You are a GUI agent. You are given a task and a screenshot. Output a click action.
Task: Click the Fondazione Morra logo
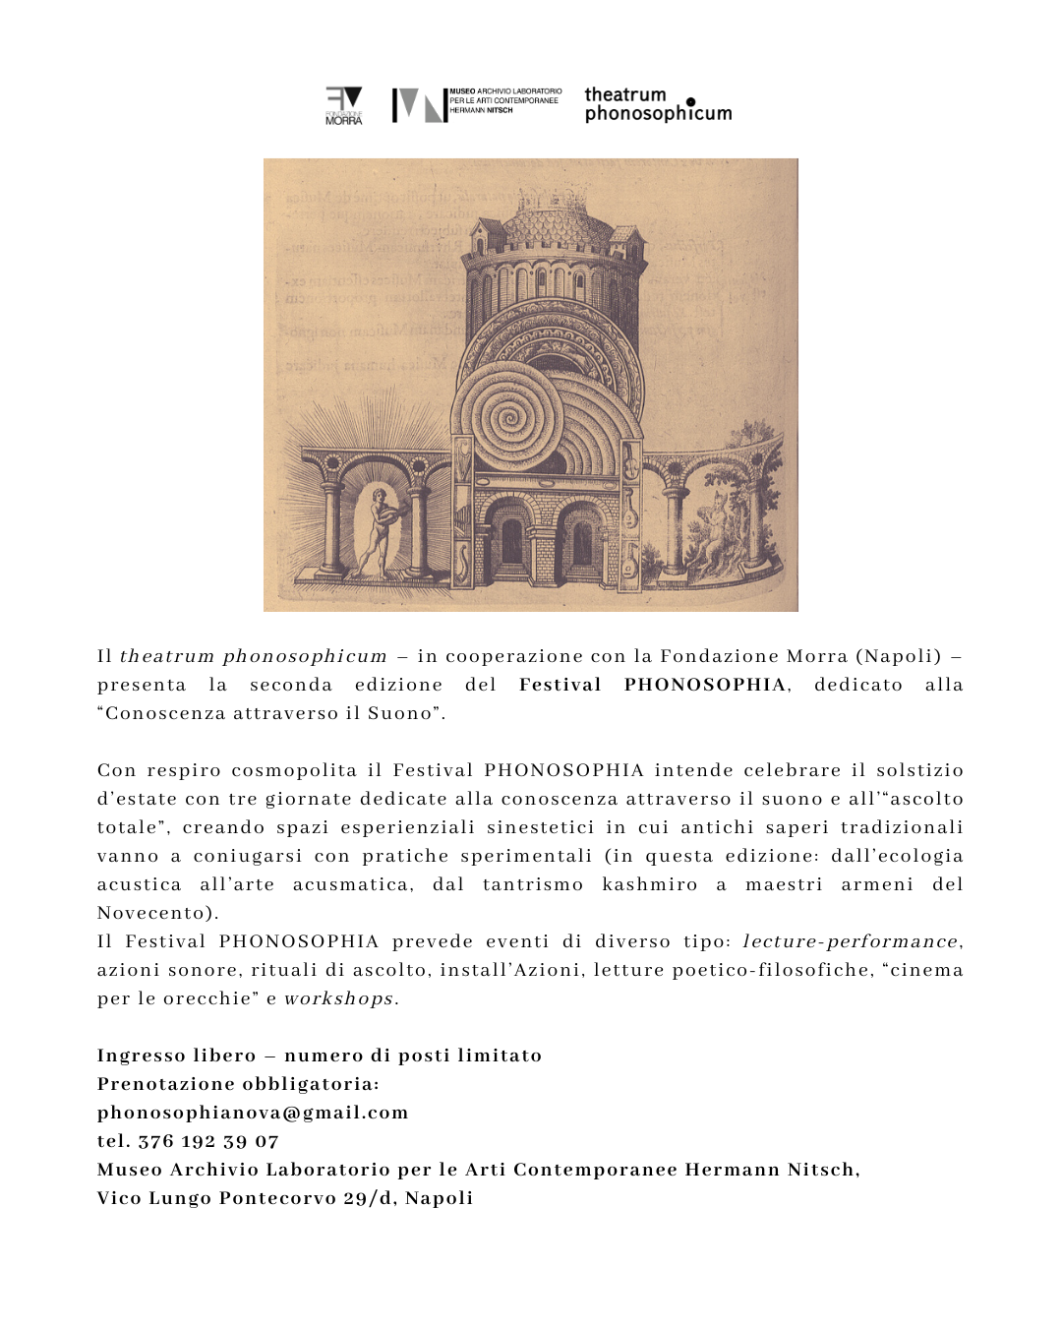(344, 105)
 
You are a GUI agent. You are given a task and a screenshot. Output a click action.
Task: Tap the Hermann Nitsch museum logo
(477, 104)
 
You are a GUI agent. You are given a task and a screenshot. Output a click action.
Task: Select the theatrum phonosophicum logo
(658, 104)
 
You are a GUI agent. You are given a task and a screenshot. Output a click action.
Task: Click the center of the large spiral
(509, 418)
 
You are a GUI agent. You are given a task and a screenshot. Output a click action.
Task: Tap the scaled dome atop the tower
(556, 222)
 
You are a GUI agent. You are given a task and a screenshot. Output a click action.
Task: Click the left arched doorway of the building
(510, 541)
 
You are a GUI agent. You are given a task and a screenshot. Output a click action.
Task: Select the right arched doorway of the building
(582, 541)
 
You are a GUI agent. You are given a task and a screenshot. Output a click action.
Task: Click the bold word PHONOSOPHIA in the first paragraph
(705, 685)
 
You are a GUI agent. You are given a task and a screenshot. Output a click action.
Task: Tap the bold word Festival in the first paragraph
(560, 685)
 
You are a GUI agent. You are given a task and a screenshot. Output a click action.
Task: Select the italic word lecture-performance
(851, 941)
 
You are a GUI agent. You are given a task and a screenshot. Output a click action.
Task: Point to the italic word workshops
(339, 998)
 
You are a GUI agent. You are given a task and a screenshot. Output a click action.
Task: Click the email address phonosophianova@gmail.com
(253, 1113)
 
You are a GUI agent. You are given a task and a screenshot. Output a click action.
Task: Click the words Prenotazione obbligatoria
(238, 1084)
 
